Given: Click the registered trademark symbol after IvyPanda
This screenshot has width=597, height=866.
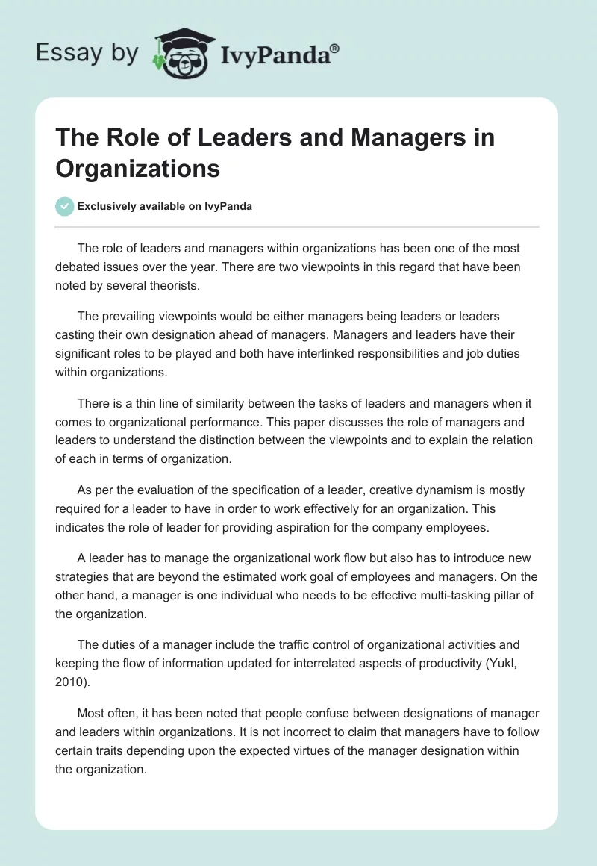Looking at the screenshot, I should click(334, 49).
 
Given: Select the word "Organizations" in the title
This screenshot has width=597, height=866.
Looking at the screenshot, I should click(137, 168).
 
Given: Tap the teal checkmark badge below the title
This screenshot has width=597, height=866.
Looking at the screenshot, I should click(64, 206).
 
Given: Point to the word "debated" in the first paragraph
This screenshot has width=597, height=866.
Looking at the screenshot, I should click(78, 266).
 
